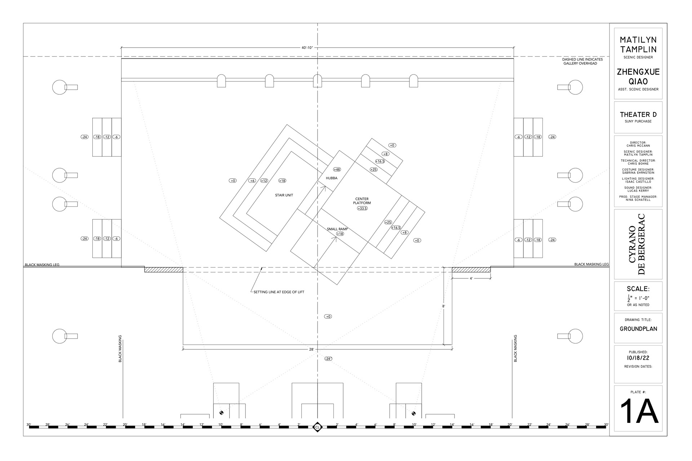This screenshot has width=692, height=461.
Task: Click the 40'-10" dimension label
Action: coord(307,48)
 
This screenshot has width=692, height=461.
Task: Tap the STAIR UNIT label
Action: coord(284,195)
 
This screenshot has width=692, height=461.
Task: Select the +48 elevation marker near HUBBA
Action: coord(337,169)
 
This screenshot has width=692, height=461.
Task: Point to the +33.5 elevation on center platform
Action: coord(362,209)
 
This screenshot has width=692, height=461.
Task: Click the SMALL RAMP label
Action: coord(337,229)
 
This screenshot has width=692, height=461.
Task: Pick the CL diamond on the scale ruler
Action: coord(317,427)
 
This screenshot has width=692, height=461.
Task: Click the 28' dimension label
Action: coord(311,349)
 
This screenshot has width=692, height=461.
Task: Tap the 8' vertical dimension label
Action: coord(444,306)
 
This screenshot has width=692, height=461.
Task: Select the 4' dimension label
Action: coord(471,278)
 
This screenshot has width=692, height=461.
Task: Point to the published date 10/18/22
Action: coord(638,358)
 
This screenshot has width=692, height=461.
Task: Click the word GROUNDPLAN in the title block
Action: coord(638,329)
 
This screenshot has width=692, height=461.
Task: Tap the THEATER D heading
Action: coord(638,115)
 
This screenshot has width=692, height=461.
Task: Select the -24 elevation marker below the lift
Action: coord(328,359)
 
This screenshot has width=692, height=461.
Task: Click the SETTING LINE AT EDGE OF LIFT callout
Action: coord(279,292)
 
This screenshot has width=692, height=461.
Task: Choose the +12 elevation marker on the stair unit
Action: coord(264,181)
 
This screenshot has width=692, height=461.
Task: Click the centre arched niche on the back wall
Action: coord(317,81)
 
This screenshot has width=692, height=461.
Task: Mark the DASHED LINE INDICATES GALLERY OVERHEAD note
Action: coord(582,61)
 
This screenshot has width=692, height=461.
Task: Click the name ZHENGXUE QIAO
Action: coord(638,76)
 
